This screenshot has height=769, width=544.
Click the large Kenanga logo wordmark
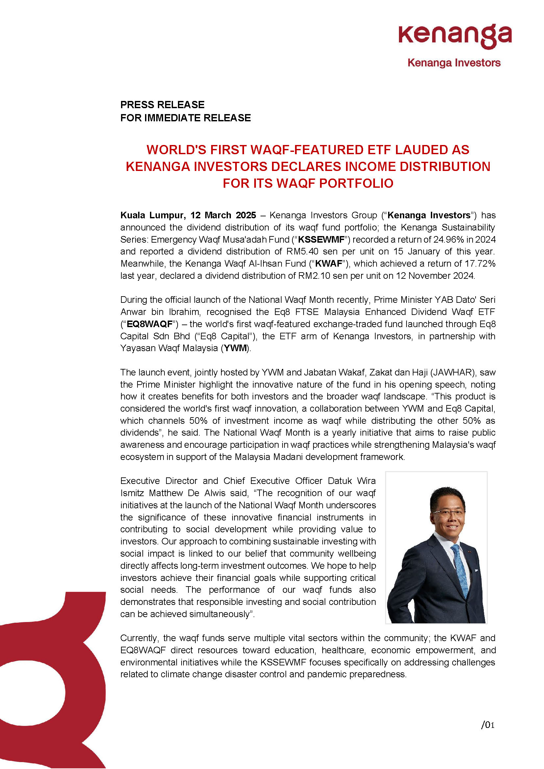[455, 36]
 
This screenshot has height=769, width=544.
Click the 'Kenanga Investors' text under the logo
[454, 63]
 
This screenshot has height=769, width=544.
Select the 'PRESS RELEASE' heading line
[162, 105]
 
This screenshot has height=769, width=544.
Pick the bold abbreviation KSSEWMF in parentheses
[321, 239]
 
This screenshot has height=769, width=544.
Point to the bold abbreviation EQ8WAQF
[149, 324]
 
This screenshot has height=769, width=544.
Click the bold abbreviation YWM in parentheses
[235, 348]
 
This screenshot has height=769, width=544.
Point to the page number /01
[487, 725]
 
